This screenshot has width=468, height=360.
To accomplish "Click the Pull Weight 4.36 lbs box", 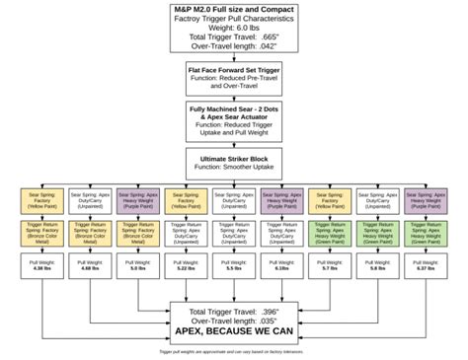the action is coord(39,266).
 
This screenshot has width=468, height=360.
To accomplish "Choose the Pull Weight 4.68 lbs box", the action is coord(87,266).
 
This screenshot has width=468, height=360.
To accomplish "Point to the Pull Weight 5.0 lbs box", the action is coord(135,266).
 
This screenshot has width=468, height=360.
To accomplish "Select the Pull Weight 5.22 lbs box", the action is coord(184,266).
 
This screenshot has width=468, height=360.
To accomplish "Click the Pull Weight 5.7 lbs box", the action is coord(329,266).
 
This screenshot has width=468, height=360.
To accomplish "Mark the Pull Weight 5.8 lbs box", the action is coord(377,266).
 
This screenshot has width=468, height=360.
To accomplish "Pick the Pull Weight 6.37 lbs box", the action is coord(426,266).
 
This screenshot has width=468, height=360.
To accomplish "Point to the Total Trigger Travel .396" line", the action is coord(234,312).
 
